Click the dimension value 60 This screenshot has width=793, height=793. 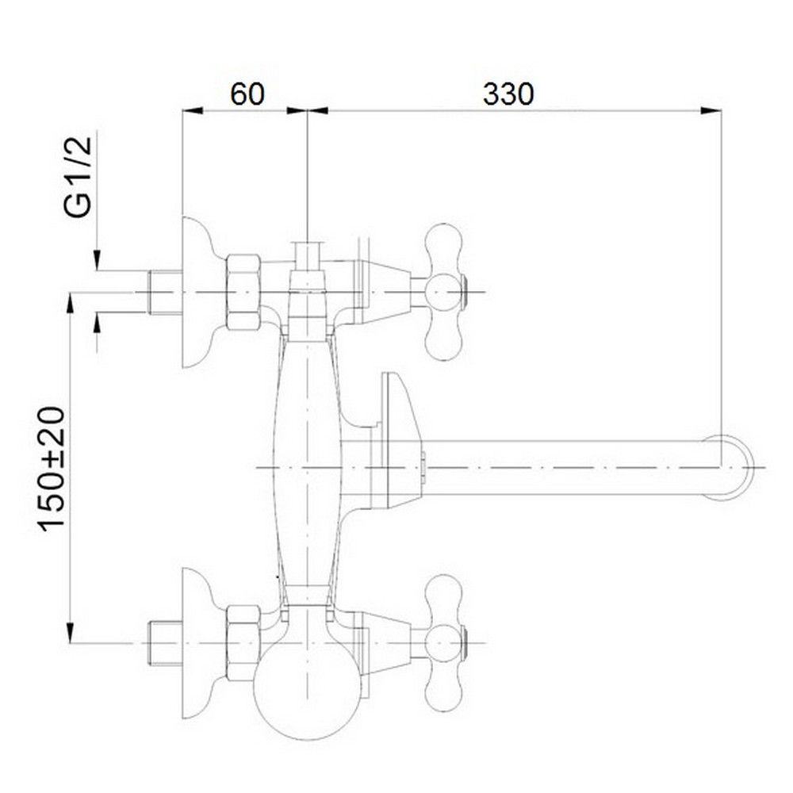pyautogui.click(x=247, y=94)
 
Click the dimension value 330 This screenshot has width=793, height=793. pyautogui.click(x=509, y=94)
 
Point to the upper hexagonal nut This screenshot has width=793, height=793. pyautogui.click(x=243, y=292)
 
